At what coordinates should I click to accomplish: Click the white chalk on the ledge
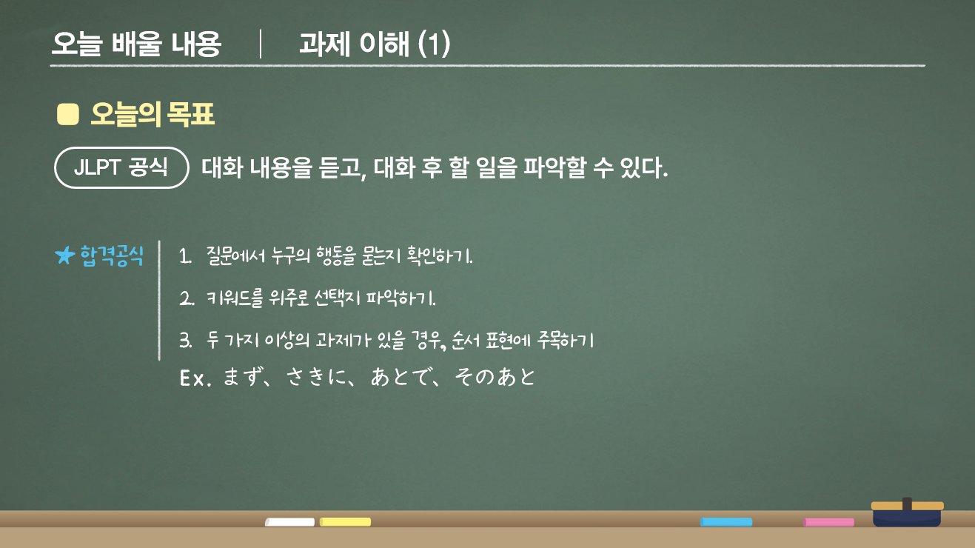289,522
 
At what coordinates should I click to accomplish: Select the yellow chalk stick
345,522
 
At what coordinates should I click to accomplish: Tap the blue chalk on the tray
726,522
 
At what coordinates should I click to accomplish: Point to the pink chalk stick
828,522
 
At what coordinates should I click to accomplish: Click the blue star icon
65,255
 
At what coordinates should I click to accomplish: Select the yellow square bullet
67,115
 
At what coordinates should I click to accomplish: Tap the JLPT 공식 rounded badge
121,167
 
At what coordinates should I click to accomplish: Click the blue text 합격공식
112,255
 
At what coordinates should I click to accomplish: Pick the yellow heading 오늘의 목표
153,115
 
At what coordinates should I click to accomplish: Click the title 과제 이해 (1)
375,45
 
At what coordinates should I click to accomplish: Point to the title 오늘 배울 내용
136,45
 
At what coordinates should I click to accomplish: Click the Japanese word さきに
315,378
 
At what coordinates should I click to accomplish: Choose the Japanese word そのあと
495,378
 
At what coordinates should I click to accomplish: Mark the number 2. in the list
185,299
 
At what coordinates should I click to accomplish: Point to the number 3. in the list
185,341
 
